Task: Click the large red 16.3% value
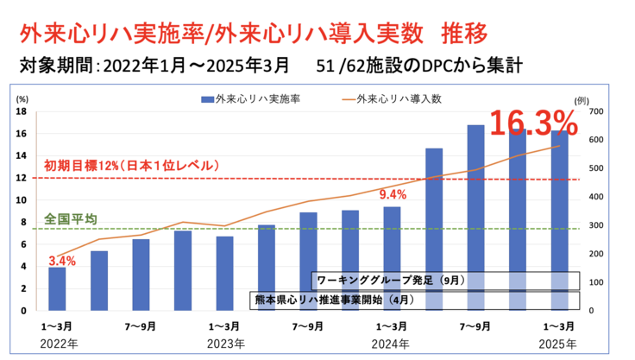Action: coord(533,123)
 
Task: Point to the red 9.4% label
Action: coord(392,195)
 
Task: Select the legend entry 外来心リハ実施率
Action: coord(251,98)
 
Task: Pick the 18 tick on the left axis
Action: coord(22,111)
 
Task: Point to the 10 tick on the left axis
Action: coord(22,200)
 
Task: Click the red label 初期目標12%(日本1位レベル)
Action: coord(136,165)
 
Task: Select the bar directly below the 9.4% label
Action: coord(392,259)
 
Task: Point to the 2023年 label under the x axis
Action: coord(223,343)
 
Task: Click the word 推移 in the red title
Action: coord(465,33)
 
